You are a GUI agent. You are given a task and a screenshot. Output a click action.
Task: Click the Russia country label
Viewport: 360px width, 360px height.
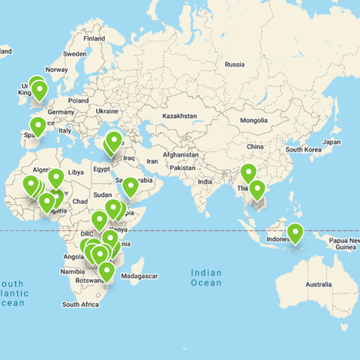235,64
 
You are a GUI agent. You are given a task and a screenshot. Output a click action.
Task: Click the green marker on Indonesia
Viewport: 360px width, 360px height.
295,233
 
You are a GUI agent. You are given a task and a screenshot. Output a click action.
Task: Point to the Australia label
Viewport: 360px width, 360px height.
318,284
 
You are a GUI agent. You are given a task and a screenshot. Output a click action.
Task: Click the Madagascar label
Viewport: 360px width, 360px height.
140,277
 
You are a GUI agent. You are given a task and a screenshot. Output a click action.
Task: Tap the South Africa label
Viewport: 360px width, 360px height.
80,304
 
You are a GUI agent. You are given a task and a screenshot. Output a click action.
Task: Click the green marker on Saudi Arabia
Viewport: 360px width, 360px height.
130,186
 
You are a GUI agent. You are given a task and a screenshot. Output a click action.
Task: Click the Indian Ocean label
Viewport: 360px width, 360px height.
206,277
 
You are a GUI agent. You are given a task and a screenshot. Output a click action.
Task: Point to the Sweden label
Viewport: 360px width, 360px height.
75,54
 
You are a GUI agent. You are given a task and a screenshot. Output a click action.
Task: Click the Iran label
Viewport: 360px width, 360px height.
151,160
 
